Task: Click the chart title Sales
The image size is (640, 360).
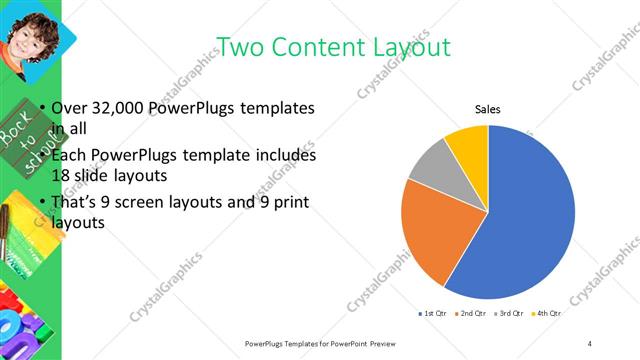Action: click(487, 109)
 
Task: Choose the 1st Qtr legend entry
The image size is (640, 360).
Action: click(432, 313)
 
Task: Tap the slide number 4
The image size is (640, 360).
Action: click(590, 343)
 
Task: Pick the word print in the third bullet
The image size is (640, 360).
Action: click(285, 202)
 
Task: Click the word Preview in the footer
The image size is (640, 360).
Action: click(368, 343)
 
